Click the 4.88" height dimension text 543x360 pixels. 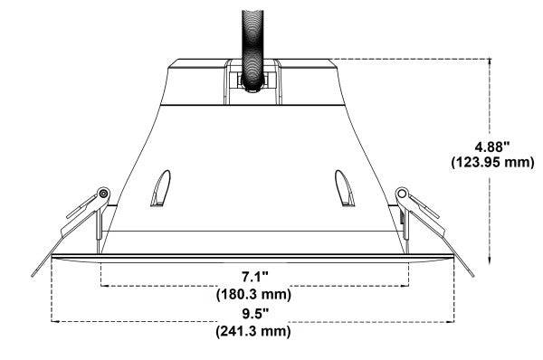(x=492, y=147)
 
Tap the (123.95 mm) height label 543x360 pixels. (x=492, y=163)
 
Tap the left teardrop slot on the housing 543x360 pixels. (x=160, y=189)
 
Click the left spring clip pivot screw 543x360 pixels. (x=104, y=194)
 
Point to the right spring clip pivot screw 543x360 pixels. (x=402, y=194)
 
